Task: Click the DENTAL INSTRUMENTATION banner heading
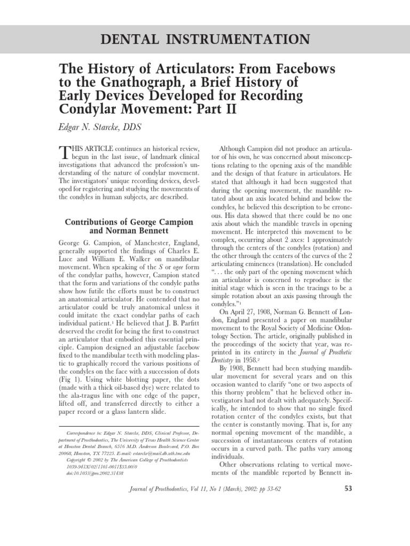(x=204, y=39)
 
